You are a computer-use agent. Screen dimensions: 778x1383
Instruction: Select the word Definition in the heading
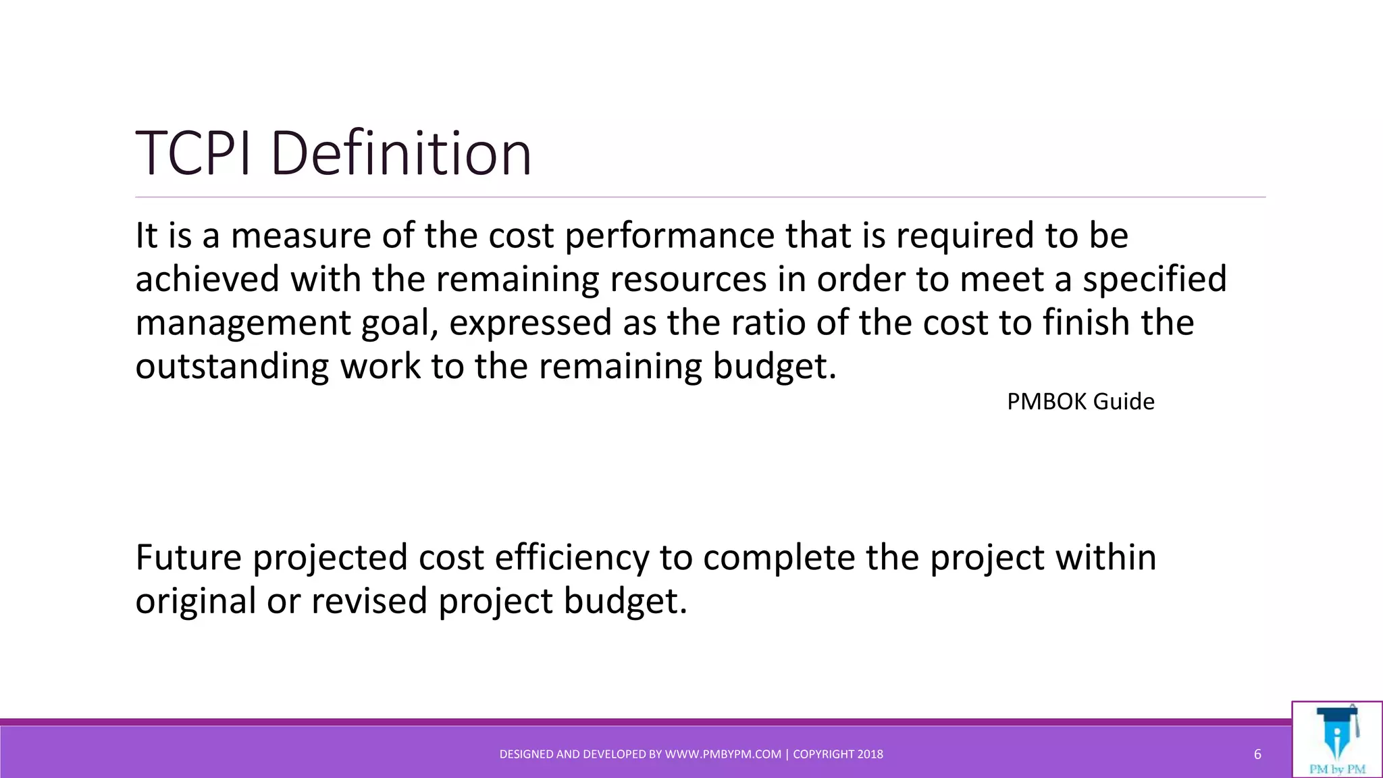401,154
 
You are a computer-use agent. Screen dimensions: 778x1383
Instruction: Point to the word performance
669,236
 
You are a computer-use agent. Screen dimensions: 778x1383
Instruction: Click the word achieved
207,279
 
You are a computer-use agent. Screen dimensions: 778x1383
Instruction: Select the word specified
1155,279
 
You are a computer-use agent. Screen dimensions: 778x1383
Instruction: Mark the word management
242,323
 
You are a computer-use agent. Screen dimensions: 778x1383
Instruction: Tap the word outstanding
232,366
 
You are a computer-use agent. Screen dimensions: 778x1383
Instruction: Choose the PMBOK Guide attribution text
1080,402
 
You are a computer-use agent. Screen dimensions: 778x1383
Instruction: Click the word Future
188,558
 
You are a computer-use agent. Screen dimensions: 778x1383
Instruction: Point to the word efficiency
572,558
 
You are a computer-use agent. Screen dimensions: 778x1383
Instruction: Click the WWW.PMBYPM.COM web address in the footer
723,754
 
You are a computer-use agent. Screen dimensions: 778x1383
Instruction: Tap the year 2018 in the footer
870,754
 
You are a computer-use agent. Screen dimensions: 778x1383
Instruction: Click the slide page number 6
1257,754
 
